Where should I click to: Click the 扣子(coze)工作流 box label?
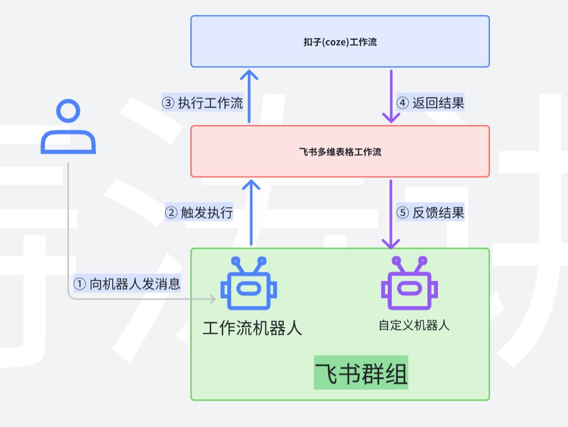click(340, 42)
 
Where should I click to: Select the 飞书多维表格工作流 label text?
click(340, 152)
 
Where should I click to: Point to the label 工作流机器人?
click(252, 328)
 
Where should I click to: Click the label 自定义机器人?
click(414, 325)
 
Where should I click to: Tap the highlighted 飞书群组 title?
click(361, 374)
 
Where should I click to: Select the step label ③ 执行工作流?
click(202, 103)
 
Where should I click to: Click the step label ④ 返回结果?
click(430, 103)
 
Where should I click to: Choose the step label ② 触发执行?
click(199, 213)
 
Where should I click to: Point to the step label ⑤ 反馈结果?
click(430, 213)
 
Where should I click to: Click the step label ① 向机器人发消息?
click(127, 283)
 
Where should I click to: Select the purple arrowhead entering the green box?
click(391, 243)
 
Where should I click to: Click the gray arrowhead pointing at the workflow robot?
click(212, 299)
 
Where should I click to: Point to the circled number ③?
click(168, 103)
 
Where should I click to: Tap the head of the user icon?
click(68, 112)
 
